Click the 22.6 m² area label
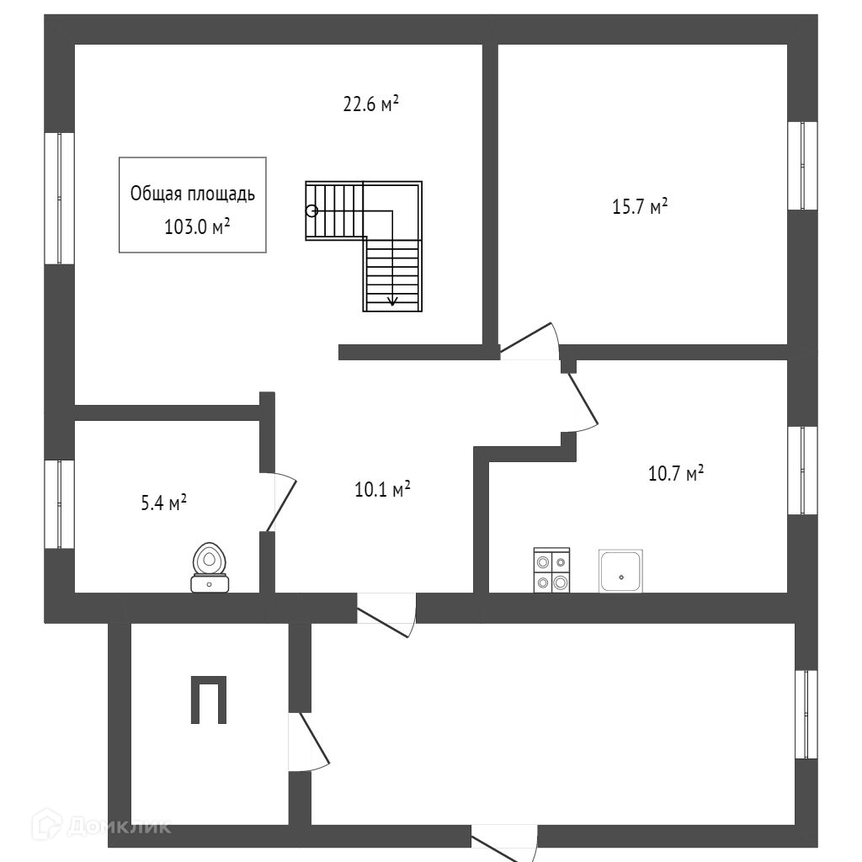[x=370, y=104]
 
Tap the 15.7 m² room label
[x=640, y=206]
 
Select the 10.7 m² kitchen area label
[x=675, y=473]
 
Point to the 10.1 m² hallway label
[x=382, y=488]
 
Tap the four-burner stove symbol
[x=551, y=571]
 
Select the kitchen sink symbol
[x=621, y=571]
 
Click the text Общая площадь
[x=192, y=194]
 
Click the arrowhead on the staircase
[x=392, y=300]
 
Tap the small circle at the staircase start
[x=311, y=211]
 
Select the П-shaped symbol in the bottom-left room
[x=207, y=700]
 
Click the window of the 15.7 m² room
[x=802, y=165]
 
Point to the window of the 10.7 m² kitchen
[x=802, y=470]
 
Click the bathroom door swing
[x=282, y=503]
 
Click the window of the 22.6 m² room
[x=59, y=198]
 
